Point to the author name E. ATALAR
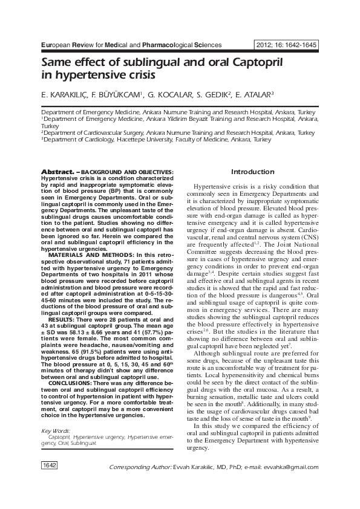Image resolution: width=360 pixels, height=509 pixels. [252, 95]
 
